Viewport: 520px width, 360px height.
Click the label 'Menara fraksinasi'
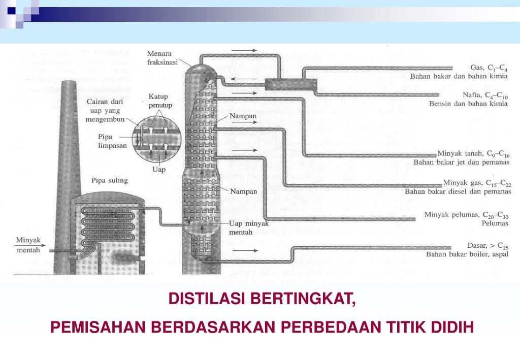tap(162, 57)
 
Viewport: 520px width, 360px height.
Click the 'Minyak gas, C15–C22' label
tap(476, 183)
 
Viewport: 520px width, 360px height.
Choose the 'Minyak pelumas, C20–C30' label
tap(466, 215)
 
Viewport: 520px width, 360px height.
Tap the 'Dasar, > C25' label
tap(487, 246)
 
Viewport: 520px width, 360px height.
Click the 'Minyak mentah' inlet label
tap(28, 245)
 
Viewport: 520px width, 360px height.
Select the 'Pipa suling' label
tap(109, 180)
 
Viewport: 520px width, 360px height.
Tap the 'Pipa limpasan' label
tap(112, 141)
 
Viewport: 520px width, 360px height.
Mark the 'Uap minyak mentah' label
tap(248, 227)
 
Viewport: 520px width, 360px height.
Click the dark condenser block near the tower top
tap(291, 84)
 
